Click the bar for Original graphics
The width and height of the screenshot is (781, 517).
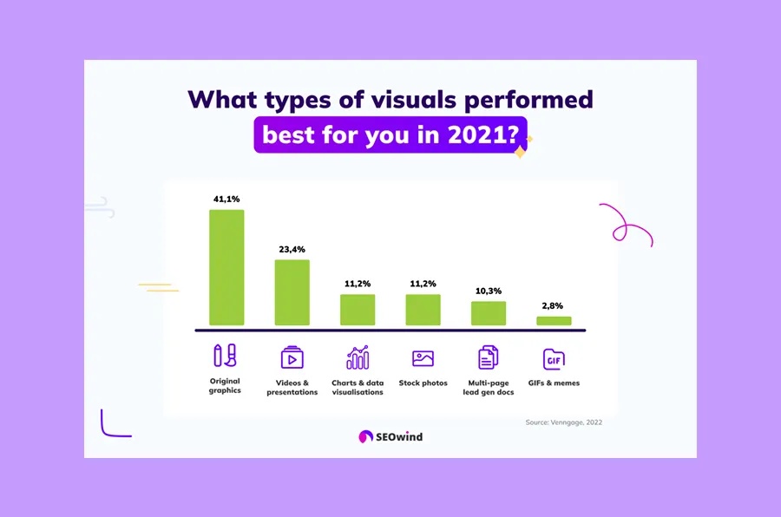[x=226, y=267]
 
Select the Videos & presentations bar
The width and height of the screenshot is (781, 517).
[x=292, y=292]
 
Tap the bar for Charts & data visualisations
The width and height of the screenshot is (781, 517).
[x=358, y=310]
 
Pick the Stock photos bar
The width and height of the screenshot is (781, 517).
[x=423, y=310]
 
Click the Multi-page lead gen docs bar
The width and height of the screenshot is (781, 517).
[x=489, y=313]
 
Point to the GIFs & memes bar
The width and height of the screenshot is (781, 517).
[x=554, y=321]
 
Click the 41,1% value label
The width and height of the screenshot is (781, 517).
[x=226, y=200]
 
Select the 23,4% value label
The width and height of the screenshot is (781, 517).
[x=292, y=250]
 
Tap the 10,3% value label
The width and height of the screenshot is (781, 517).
[x=489, y=291]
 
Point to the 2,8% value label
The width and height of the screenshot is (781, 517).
[x=554, y=306]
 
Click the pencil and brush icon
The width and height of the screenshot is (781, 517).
[x=225, y=356]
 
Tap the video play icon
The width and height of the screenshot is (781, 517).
[x=292, y=357]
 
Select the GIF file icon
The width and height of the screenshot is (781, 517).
[x=554, y=358]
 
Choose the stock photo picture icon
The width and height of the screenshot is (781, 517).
[x=423, y=357]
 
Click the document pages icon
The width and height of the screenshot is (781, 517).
[x=489, y=357]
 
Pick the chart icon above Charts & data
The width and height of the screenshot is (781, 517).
[x=358, y=357]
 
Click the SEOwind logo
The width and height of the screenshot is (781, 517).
[x=390, y=436]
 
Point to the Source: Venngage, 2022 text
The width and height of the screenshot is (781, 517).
[x=563, y=422]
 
